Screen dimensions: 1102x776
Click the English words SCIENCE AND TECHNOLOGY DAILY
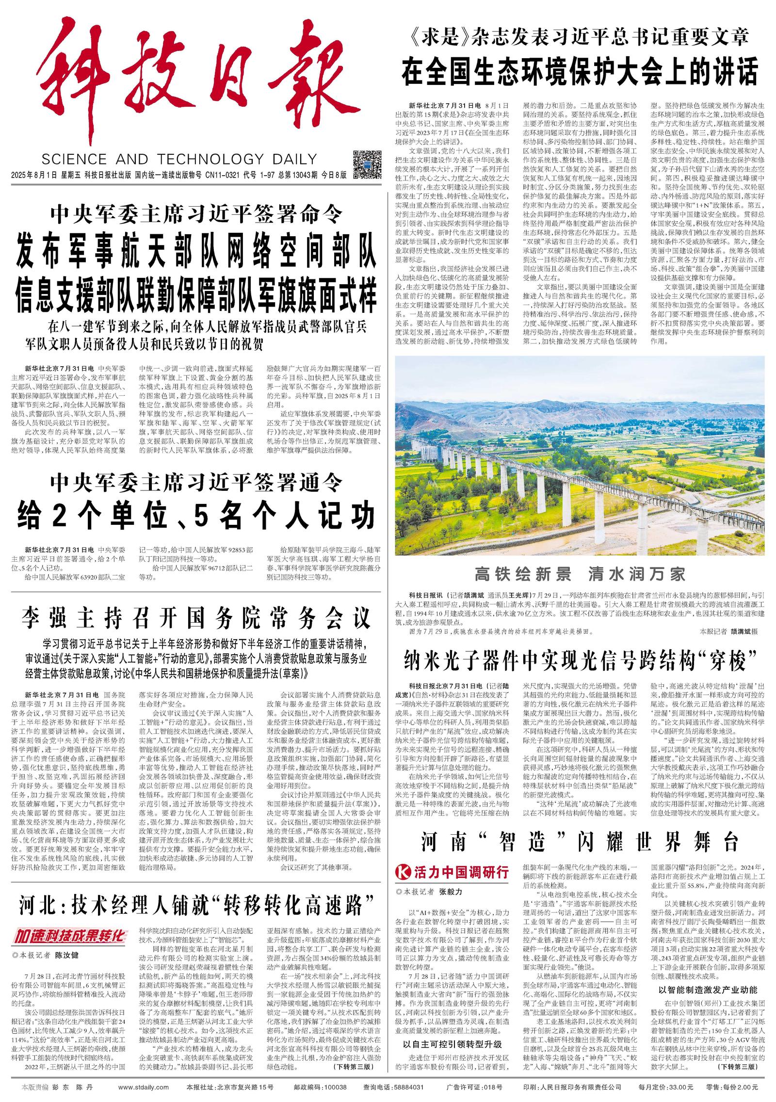click(179, 159)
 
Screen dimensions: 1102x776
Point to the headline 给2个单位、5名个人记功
click(196, 515)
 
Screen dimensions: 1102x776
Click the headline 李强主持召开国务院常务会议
click(196, 617)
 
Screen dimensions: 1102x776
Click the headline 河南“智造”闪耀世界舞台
click(580, 842)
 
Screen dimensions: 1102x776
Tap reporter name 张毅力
click(451, 891)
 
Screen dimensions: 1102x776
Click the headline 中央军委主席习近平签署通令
click(196, 483)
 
